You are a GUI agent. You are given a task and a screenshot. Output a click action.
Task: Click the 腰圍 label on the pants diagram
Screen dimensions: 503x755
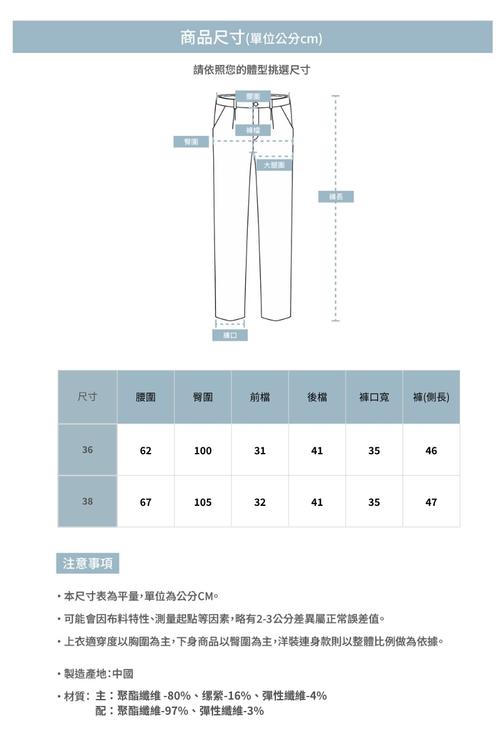point(253,96)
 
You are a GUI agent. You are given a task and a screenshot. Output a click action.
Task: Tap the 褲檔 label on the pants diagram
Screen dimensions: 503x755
point(253,130)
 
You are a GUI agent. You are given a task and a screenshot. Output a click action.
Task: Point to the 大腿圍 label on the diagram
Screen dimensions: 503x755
point(274,165)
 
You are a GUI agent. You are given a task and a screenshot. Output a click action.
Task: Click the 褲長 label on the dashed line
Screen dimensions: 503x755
point(336,197)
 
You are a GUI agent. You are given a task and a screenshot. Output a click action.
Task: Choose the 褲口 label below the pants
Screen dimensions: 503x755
point(229,335)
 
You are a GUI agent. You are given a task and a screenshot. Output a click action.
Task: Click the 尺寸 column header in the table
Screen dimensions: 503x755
point(87,397)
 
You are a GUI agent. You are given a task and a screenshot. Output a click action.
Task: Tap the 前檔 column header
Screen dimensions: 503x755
point(260,398)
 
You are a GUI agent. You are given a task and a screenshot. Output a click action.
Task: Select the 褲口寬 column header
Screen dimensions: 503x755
point(374,398)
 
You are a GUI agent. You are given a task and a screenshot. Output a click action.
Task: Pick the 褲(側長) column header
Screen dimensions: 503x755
point(431,398)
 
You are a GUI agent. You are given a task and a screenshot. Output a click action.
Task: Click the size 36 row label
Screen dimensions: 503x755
point(87,450)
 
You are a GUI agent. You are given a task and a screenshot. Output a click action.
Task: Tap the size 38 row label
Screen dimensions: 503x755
point(87,502)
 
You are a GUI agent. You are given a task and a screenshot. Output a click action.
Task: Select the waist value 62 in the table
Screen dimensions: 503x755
point(146,451)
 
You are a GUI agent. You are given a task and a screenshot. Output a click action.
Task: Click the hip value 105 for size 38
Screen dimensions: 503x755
point(202,503)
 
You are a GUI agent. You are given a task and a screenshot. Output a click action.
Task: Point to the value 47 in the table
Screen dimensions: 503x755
point(431,503)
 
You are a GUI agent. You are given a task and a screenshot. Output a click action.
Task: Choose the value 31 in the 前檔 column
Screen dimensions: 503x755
point(260,451)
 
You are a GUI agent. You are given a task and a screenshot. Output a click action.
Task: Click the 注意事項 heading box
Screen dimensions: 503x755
point(87,563)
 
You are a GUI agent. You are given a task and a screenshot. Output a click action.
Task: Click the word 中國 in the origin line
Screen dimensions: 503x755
point(123,674)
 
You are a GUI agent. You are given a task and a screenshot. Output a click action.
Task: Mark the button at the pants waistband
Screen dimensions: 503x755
point(256,104)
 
